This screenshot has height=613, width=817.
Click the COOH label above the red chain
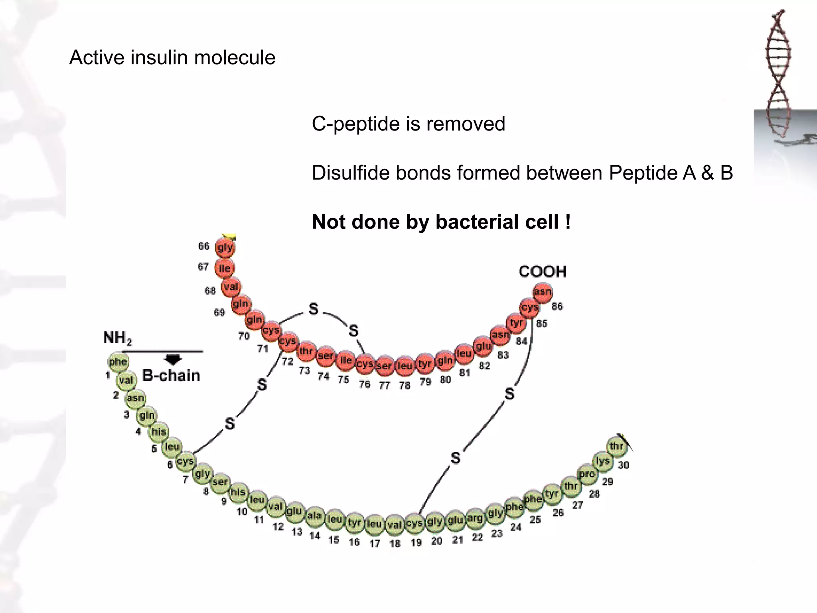click(542, 272)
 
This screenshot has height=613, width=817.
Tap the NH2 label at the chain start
click(117, 338)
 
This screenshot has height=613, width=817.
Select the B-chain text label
click(171, 376)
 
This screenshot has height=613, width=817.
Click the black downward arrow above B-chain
click(173, 359)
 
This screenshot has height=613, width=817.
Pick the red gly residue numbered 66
click(225, 248)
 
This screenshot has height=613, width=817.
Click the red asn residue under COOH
click(543, 292)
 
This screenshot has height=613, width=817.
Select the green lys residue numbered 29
click(602, 461)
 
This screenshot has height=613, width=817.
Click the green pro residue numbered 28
click(587, 474)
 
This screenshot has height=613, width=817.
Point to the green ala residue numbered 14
click(314, 516)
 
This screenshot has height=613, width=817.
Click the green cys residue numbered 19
click(414, 523)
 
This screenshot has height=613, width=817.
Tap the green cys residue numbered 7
click(186, 462)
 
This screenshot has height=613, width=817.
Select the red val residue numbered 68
click(231, 287)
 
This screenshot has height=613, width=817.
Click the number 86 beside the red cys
click(557, 306)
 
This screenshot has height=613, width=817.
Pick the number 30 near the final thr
click(623, 465)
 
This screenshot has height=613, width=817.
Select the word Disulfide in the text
click(351, 173)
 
